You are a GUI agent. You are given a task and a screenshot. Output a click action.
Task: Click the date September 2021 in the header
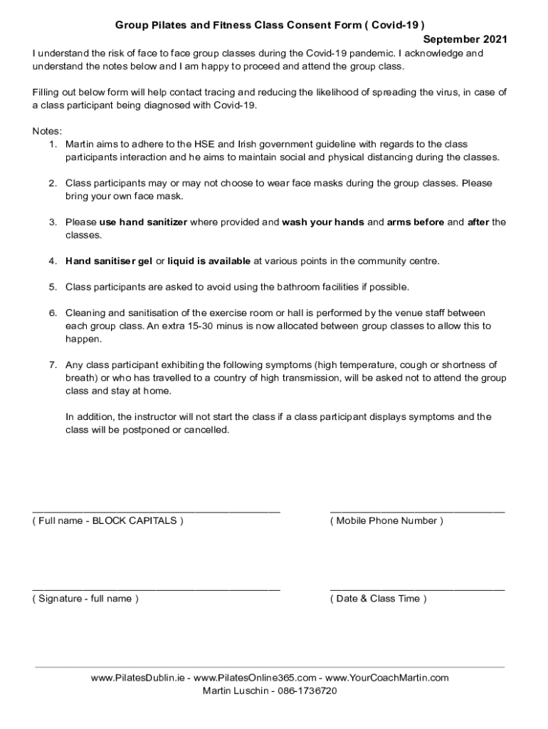pyautogui.click(x=465, y=39)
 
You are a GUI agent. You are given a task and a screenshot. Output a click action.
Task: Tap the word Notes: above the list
pyautogui.click(x=48, y=131)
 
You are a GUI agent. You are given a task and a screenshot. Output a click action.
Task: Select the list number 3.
pyautogui.click(x=53, y=222)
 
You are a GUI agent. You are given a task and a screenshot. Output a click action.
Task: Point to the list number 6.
pyautogui.click(x=53, y=313)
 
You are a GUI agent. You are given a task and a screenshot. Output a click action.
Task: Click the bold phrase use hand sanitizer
pyautogui.click(x=143, y=222)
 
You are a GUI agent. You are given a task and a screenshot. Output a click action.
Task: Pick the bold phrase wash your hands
pyautogui.click(x=323, y=222)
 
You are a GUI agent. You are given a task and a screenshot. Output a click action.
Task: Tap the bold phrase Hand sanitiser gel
pyautogui.click(x=109, y=261)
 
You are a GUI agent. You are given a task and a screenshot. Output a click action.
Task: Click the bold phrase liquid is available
pyautogui.click(x=209, y=261)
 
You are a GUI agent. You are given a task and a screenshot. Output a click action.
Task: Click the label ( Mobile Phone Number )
pyautogui.click(x=386, y=521)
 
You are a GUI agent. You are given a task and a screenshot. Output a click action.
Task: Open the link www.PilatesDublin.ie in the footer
pyautogui.click(x=139, y=678)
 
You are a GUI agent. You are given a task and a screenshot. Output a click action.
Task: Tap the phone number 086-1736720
pyautogui.click(x=298, y=691)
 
